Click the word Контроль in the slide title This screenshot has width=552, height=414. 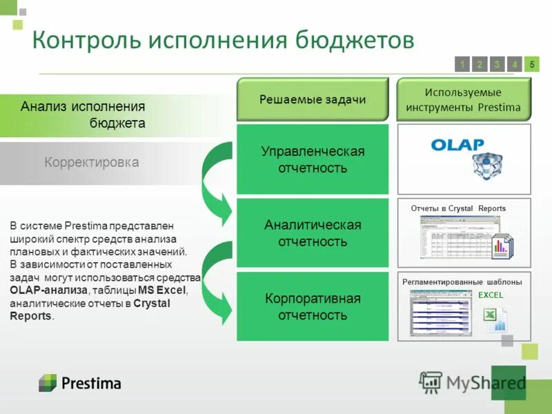[x=82, y=40]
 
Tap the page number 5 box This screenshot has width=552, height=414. [x=531, y=64]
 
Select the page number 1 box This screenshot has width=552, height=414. [x=462, y=64]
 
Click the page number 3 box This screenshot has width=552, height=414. [x=497, y=64]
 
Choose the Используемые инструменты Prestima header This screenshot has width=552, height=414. [x=463, y=100]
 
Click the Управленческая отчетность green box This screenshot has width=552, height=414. [x=313, y=159]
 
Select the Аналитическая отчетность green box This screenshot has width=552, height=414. [x=313, y=233]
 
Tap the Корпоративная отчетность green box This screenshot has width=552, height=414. [x=313, y=306]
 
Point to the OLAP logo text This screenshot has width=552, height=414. [x=457, y=145]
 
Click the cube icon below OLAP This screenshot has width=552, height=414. [x=489, y=166]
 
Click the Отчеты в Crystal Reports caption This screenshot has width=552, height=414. [x=458, y=208]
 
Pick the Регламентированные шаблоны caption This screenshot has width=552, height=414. [x=462, y=282]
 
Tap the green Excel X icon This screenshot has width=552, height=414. [x=489, y=315]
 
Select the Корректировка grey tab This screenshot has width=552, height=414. [x=92, y=163]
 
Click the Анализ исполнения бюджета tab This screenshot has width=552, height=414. [x=83, y=115]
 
